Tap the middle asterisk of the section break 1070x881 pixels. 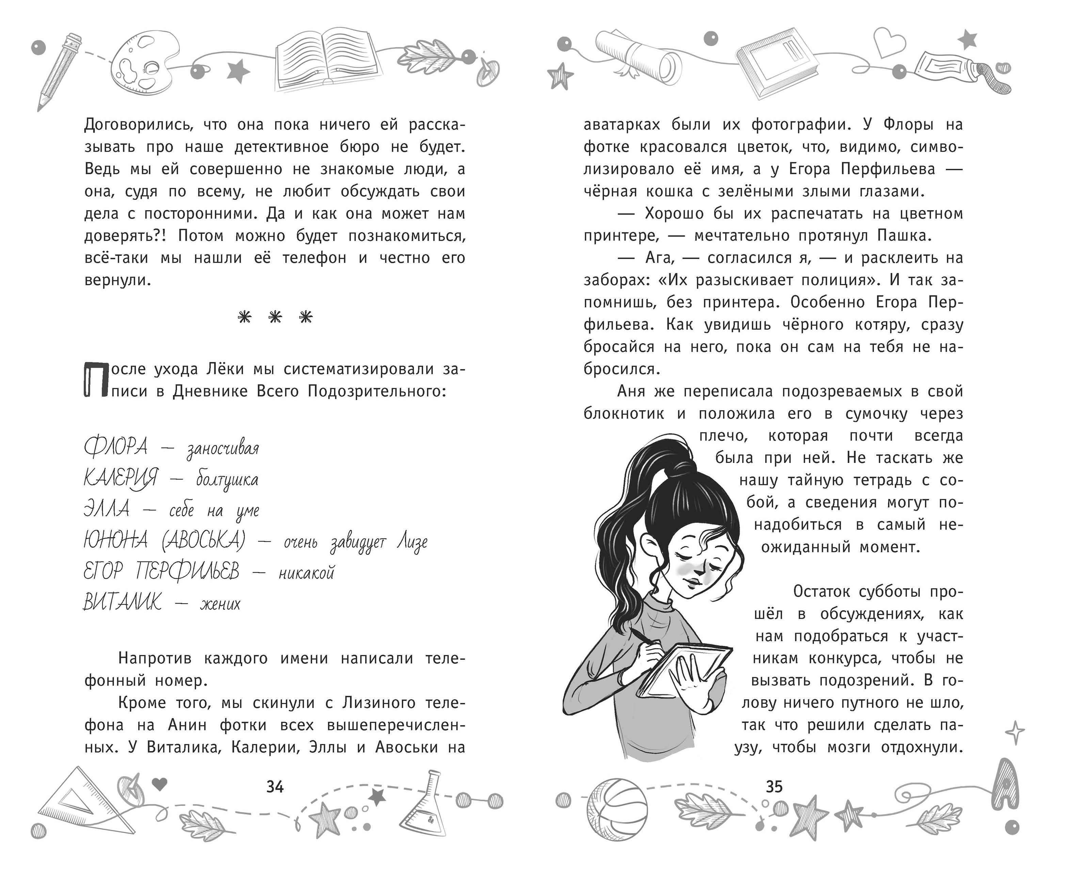point(275,317)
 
